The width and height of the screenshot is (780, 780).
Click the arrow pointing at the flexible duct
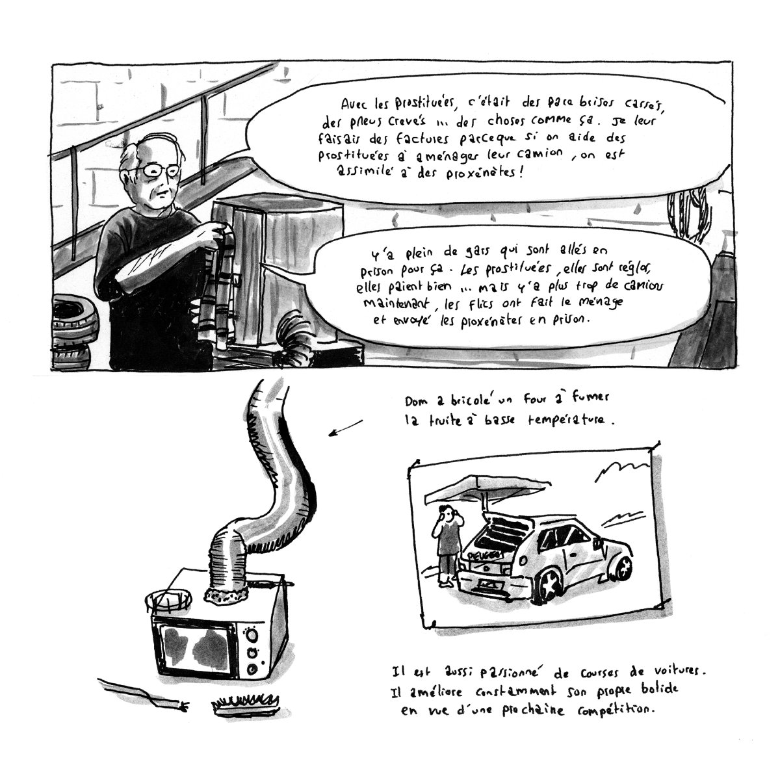coord(344,429)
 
